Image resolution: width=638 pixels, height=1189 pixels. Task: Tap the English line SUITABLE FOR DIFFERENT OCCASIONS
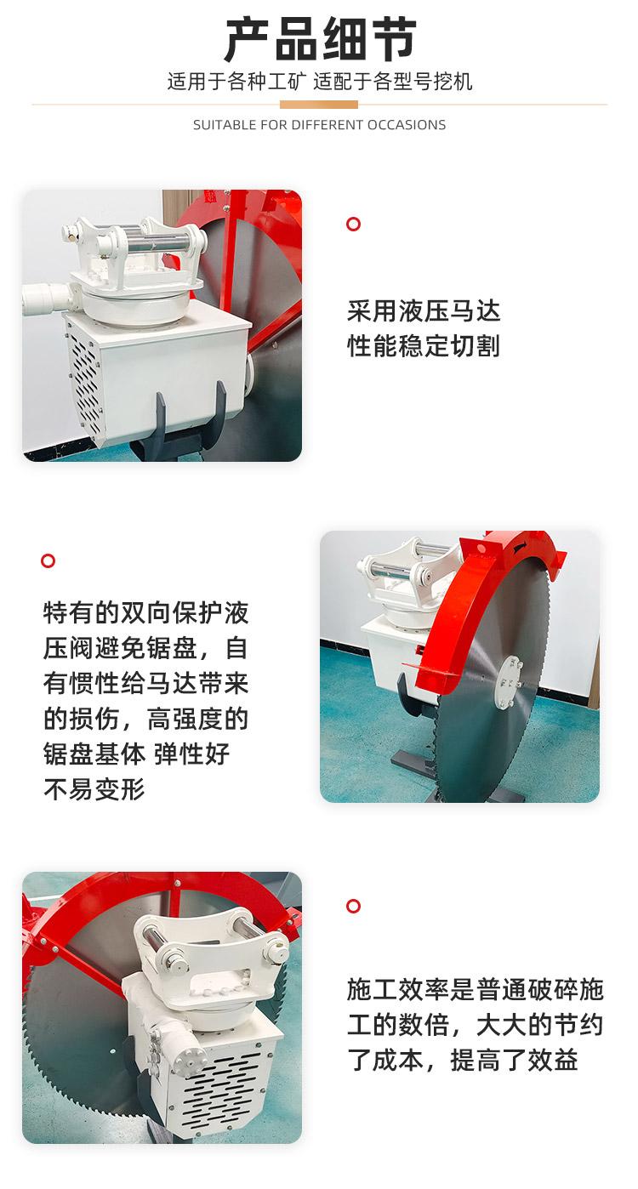320,125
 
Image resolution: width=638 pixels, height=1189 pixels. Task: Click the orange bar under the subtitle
318,105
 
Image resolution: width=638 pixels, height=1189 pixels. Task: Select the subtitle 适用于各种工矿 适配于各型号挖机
320,82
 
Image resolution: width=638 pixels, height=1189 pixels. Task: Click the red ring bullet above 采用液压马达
353,224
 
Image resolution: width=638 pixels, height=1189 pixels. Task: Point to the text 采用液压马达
424,311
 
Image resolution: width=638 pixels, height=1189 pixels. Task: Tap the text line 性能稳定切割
424,346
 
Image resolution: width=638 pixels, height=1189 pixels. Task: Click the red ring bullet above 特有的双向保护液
48,560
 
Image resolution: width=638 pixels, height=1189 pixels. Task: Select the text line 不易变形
94,789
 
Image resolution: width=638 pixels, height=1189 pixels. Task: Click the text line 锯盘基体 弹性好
137,754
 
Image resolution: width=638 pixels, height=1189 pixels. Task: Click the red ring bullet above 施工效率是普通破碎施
353,906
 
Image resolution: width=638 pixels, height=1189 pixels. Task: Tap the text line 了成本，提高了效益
462,1060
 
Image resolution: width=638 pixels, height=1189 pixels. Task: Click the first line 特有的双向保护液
146,612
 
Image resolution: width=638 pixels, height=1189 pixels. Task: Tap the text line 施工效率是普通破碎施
476,989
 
